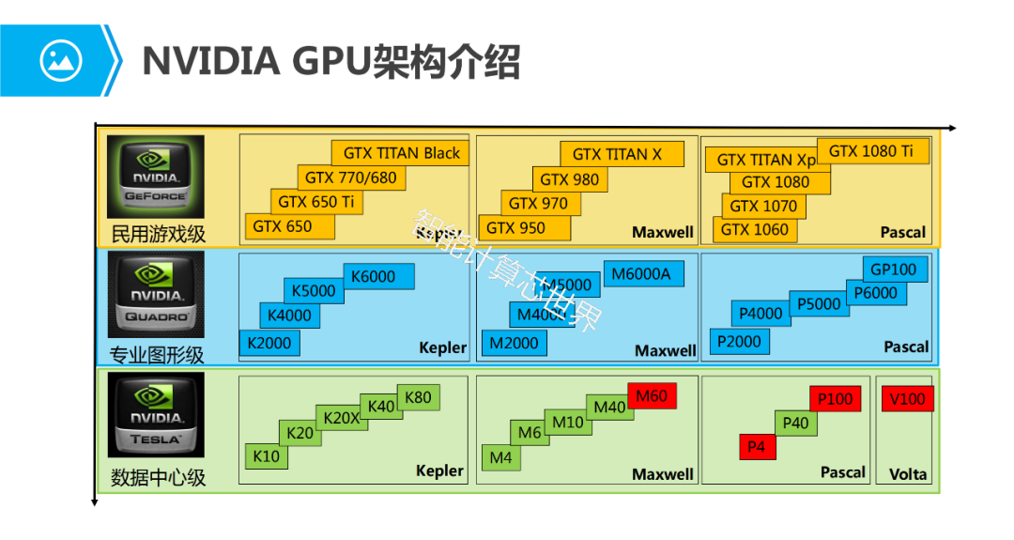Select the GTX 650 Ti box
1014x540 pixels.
(315, 201)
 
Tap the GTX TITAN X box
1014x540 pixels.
(617, 154)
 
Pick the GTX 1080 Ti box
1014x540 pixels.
(871, 150)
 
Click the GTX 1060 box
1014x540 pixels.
(755, 229)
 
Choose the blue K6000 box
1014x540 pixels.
(373, 276)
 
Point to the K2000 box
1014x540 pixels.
(269, 343)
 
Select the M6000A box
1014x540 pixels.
(642, 273)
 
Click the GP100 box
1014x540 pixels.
(893, 270)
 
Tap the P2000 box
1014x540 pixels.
(739, 342)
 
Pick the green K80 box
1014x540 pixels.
(418, 397)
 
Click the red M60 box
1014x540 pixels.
(652, 396)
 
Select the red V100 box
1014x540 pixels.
(907, 399)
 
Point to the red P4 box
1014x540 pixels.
(757, 447)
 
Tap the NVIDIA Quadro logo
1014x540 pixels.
(155, 293)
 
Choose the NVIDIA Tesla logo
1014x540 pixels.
(155, 414)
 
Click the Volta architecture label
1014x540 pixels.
(907, 474)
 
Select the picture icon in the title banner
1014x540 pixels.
(60, 60)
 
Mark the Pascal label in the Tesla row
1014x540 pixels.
(843, 472)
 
